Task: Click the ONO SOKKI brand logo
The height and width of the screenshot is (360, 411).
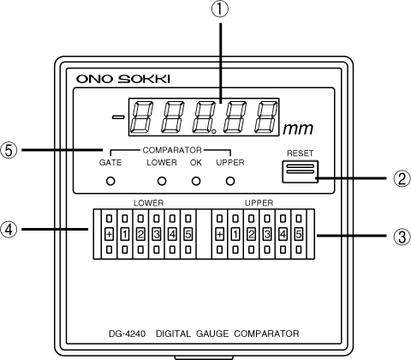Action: pyautogui.click(x=123, y=79)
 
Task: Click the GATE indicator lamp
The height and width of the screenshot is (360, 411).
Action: pyautogui.click(x=110, y=181)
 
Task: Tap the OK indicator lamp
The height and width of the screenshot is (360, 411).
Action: pyautogui.click(x=196, y=181)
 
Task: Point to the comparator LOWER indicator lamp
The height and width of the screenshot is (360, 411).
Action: pyautogui.click(x=162, y=181)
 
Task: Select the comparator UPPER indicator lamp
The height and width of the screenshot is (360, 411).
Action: pyautogui.click(x=230, y=181)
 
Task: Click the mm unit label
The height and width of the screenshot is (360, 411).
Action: pyautogui.click(x=298, y=129)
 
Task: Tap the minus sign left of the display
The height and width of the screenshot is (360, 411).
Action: pyautogui.click(x=118, y=117)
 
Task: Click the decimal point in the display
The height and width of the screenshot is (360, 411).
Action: pyautogui.click(x=214, y=132)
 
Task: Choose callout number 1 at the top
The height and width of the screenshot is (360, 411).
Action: pyautogui.click(x=220, y=9)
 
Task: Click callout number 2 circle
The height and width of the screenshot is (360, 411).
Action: pyautogui.click(x=402, y=179)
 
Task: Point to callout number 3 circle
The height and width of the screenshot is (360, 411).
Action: pyautogui.click(x=402, y=236)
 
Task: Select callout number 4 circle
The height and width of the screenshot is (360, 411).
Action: pyautogui.click(x=9, y=229)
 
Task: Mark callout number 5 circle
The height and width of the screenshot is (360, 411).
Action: pyautogui.click(x=9, y=150)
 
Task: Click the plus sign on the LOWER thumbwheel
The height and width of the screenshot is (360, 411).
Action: pyautogui.click(x=109, y=234)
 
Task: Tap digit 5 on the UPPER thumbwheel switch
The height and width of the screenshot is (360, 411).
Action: pyautogui.click(x=298, y=234)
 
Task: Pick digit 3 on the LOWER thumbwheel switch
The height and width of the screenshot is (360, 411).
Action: pyautogui.click(x=157, y=234)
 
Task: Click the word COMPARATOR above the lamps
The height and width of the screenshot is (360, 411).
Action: pyautogui.click(x=172, y=150)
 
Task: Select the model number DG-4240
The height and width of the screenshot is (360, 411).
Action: pyautogui.click(x=127, y=333)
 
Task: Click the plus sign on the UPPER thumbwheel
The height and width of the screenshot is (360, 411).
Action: pyautogui.click(x=219, y=234)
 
